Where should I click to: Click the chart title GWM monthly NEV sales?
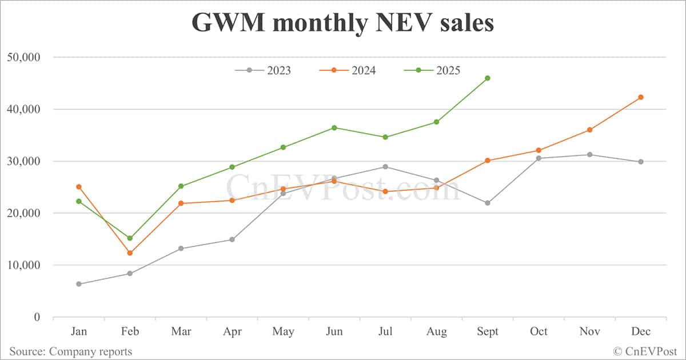point(342,23)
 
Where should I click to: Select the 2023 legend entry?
point(263,70)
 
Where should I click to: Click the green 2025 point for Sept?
point(488,78)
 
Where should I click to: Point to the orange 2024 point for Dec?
point(641,97)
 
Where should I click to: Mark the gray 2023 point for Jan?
point(78,284)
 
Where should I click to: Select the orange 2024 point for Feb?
point(130,253)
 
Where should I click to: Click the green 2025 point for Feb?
point(130,238)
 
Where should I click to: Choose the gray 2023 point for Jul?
point(385,167)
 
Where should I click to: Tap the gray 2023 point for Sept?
point(488,203)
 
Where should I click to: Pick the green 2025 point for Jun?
point(334,127)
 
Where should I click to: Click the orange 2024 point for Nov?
point(590,130)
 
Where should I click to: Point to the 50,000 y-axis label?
point(23,57)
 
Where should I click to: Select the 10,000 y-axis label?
point(23,265)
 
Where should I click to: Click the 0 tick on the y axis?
point(37,317)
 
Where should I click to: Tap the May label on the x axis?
point(283,331)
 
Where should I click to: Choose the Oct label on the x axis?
point(539,331)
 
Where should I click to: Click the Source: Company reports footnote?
point(70,351)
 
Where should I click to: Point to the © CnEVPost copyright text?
point(645,351)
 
